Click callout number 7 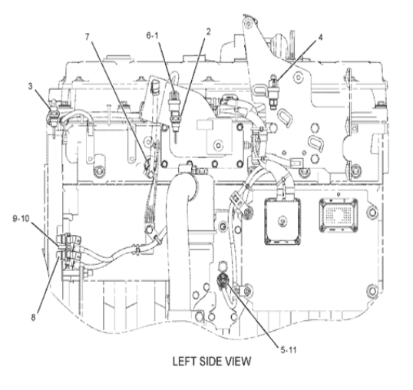click(88, 37)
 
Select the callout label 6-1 click(153, 35)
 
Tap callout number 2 click(208, 32)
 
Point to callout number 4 click(320, 38)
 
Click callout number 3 click(31, 86)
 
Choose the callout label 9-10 click(21, 218)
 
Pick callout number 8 click(33, 317)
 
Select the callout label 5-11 click(289, 350)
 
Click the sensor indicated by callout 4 click(273, 91)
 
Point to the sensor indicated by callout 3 click(54, 114)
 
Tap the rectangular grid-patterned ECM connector click(339, 216)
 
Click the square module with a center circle click(282, 222)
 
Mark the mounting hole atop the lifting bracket click(249, 23)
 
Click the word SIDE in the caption click(213, 362)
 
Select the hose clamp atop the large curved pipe click(188, 169)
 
